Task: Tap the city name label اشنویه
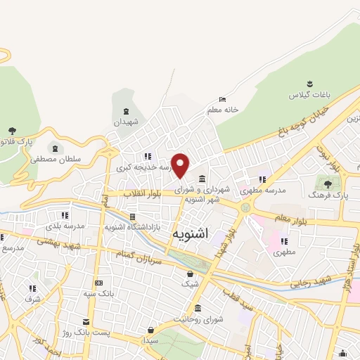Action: tap(189, 239)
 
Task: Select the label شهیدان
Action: tap(127, 122)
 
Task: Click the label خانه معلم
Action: tap(223, 110)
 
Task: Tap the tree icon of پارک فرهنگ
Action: tap(328, 184)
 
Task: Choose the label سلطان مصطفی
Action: tap(56, 160)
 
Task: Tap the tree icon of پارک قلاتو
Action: tap(11, 131)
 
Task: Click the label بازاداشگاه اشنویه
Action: tap(133, 227)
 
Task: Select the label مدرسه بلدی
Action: tap(65, 226)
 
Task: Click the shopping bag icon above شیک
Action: tap(189, 274)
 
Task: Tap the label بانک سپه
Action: tap(98, 292)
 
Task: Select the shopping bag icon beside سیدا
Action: tap(150, 329)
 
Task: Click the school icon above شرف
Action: tap(33, 288)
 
